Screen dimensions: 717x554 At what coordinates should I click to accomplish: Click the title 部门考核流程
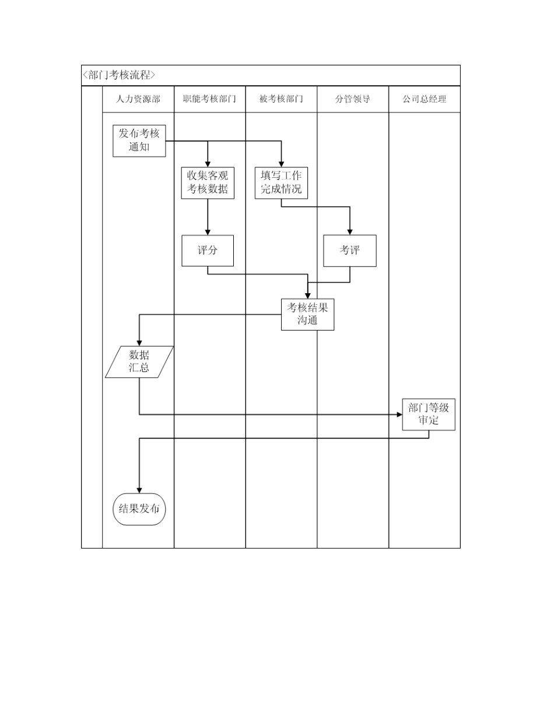[120, 75]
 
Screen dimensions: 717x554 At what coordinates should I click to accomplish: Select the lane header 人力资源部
[138, 99]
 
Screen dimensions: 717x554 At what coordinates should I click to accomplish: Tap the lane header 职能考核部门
[209, 99]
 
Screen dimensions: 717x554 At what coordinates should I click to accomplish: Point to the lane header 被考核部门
[281, 99]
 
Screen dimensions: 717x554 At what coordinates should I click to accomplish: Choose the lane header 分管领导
[353, 99]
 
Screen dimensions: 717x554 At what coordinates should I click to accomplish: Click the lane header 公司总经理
[424, 99]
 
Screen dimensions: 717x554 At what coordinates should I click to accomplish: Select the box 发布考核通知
[139, 140]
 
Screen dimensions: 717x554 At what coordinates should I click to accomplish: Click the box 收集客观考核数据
[208, 183]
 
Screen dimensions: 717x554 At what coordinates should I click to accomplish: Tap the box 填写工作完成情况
[281, 183]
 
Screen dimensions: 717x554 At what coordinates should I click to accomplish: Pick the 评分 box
[208, 250]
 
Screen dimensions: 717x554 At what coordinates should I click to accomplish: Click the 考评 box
[350, 250]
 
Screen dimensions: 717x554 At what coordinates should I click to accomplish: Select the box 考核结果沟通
[307, 314]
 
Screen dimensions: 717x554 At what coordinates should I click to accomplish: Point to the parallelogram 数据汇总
[139, 361]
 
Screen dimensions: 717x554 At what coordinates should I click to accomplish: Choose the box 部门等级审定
[429, 414]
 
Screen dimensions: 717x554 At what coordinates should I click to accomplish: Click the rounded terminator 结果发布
[139, 509]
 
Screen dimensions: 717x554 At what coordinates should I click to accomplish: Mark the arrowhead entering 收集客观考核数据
[208, 164]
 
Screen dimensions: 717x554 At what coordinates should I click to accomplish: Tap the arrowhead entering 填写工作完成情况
[281, 164]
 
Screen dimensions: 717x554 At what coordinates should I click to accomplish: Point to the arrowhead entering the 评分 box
[208, 231]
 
